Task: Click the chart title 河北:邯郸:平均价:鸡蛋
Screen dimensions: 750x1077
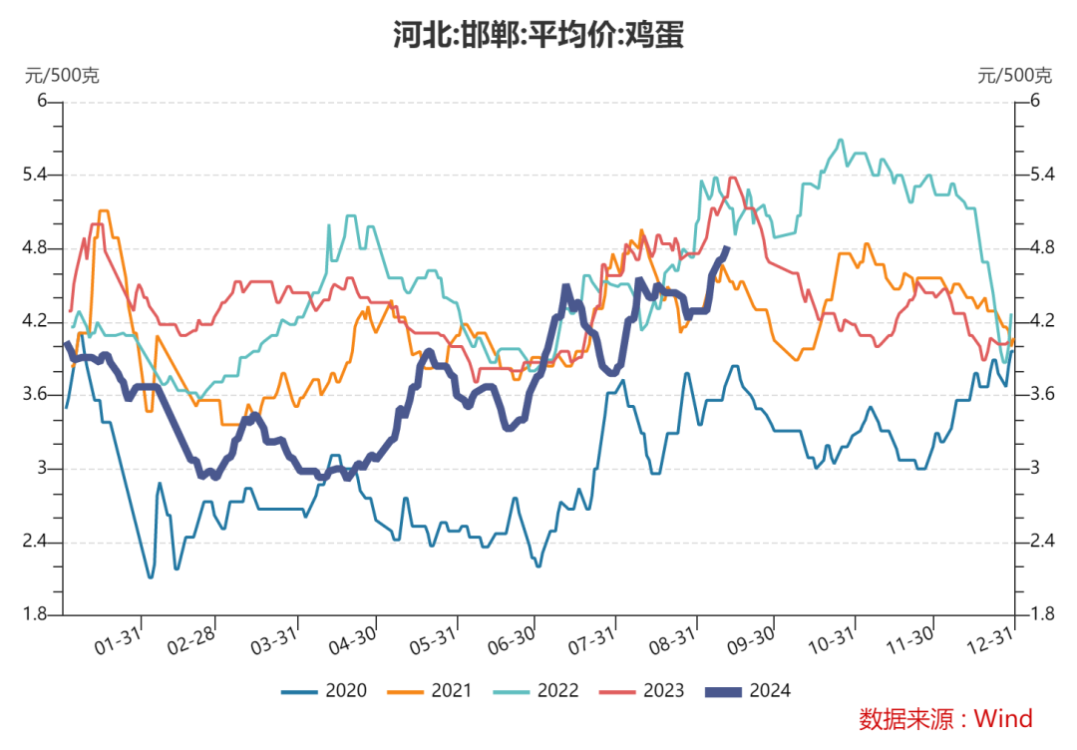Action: coord(538,36)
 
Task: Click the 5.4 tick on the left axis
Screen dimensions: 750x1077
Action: coord(37,175)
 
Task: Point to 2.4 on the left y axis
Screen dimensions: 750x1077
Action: coord(37,542)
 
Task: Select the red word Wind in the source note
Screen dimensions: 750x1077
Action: coord(1003,718)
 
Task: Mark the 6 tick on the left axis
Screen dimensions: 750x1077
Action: coord(43,101)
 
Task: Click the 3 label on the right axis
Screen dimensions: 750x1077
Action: coord(1033,469)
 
